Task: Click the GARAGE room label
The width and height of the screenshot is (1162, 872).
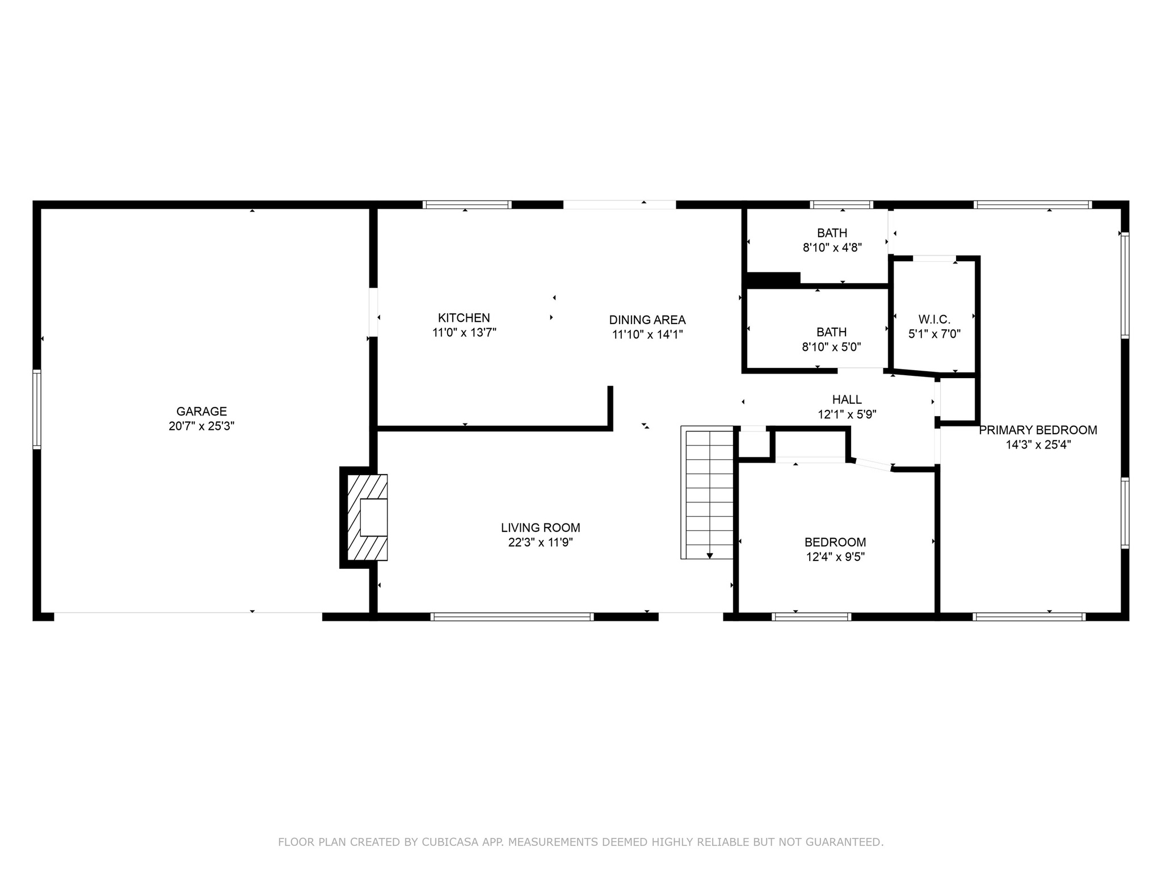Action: (201, 411)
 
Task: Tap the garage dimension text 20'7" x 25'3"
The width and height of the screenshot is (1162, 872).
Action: (201, 426)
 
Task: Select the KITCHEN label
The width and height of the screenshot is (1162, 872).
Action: (464, 318)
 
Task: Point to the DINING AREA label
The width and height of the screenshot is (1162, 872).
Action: (647, 320)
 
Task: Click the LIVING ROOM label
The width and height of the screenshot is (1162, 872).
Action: (540, 528)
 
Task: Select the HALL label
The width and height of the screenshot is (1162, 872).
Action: (847, 400)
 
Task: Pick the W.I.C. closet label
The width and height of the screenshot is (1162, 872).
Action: (934, 320)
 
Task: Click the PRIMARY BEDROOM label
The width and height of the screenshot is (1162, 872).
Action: (1038, 430)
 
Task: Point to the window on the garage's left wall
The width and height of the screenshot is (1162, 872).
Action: (37, 409)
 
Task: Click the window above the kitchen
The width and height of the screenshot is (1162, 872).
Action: (466, 205)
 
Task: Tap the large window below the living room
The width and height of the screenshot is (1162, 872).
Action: (512, 617)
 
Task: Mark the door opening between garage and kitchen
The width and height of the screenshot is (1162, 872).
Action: (373, 312)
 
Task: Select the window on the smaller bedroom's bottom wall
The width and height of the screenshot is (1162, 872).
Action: (811, 617)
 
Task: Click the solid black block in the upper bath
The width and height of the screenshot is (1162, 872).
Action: (773, 279)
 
